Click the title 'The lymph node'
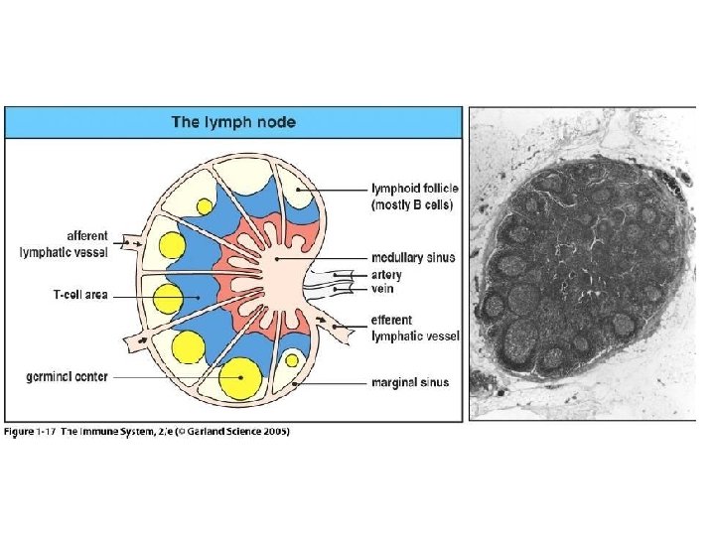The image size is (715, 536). click(x=233, y=122)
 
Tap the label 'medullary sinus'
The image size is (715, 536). click(x=413, y=257)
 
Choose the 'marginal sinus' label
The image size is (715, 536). click(x=409, y=382)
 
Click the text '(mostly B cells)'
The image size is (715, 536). click(x=411, y=204)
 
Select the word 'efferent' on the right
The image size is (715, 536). click(x=391, y=320)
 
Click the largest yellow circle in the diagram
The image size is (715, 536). click(x=239, y=379)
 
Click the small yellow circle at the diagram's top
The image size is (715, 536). click(x=204, y=206)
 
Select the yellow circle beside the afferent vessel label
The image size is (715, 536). click(x=171, y=246)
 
